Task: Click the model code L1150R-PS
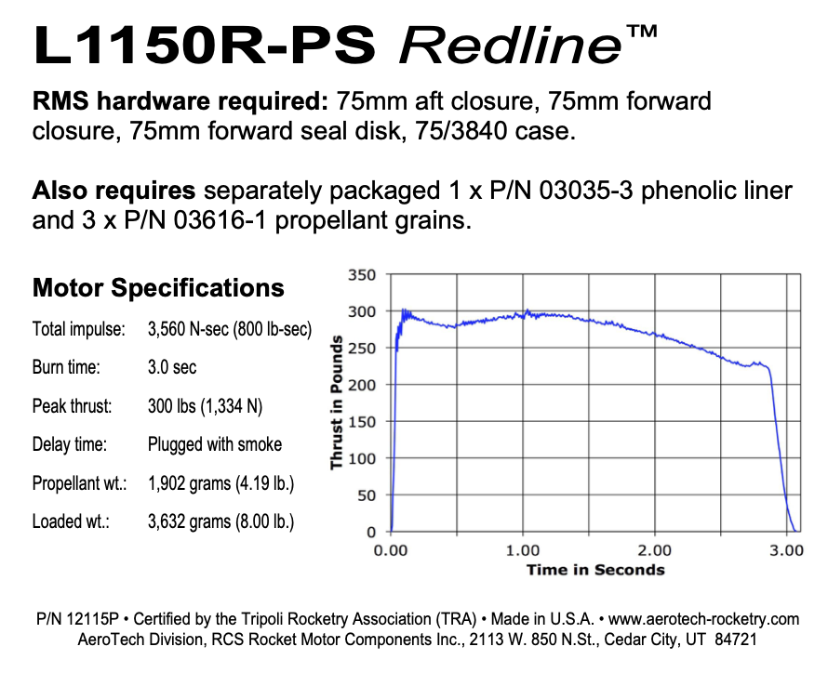pos(204,44)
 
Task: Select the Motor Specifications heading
pos(158,287)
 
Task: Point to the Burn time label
pos(64,367)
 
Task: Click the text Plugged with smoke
pos(215,444)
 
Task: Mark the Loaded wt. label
pos(71,521)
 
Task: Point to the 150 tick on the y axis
pos(364,422)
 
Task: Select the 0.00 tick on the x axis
pos(391,550)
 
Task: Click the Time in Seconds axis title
pos(595,569)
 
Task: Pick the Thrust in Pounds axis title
pos(337,403)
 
